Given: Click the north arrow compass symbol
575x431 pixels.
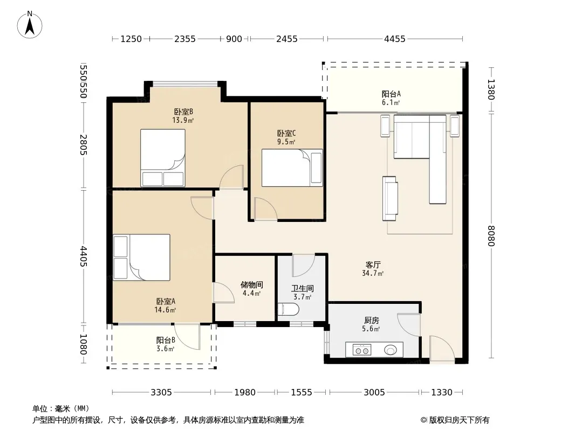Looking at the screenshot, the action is coord(30,25).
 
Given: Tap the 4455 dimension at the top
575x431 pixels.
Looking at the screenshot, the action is coord(395,39).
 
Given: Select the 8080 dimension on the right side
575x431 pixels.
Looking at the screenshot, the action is coord(491,236).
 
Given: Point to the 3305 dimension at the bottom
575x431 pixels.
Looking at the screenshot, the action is coord(161,393).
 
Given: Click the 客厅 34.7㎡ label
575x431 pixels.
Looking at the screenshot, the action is coord(373,269).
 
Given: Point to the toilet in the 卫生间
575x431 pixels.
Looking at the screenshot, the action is coord(288,309).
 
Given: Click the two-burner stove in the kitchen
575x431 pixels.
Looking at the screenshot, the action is coord(362,350).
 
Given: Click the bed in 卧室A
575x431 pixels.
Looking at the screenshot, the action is coord(141,257).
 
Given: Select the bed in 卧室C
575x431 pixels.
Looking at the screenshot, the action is coord(292,168).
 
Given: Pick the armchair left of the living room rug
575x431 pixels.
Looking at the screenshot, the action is coord(390,198).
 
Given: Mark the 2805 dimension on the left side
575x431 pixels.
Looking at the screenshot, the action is coord(84,145).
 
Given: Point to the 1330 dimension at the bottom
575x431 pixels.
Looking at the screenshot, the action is coord(442,393).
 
